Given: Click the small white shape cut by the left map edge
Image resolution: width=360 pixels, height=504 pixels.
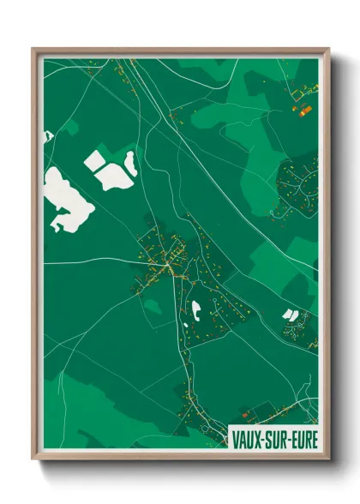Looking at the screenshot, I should (47, 135).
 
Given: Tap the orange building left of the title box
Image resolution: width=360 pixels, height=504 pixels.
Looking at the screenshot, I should (247, 413).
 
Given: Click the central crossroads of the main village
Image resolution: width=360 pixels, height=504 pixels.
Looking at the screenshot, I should (176, 268).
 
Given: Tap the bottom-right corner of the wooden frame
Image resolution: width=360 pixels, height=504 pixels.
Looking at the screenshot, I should (328, 460).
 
